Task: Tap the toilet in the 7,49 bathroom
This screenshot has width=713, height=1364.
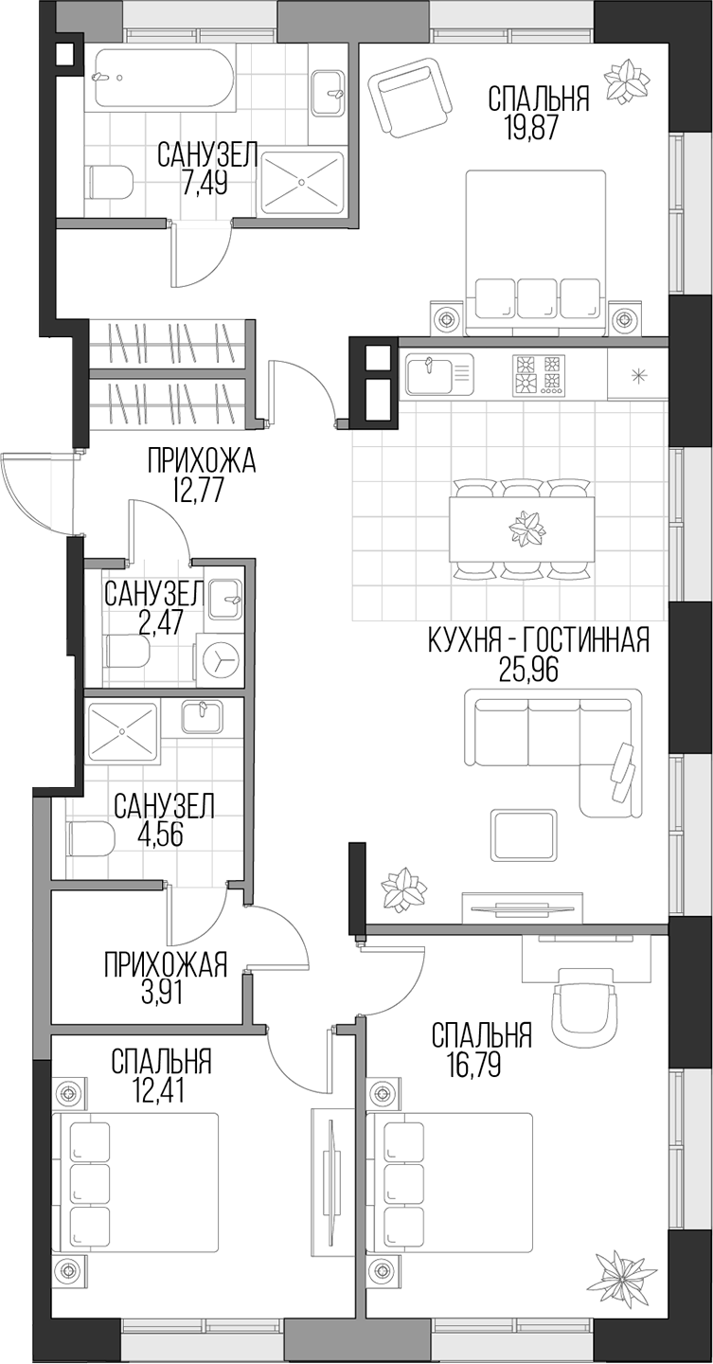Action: (108, 181)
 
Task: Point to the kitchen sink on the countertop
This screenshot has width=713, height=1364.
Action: (438, 374)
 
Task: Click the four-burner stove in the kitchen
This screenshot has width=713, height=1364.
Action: (538, 374)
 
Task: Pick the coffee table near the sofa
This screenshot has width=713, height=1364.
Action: (523, 835)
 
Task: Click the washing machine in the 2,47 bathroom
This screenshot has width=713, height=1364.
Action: (220, 661)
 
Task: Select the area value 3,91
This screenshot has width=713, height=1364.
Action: (166, 993)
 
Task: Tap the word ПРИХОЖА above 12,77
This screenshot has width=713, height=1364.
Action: (202, 462)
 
